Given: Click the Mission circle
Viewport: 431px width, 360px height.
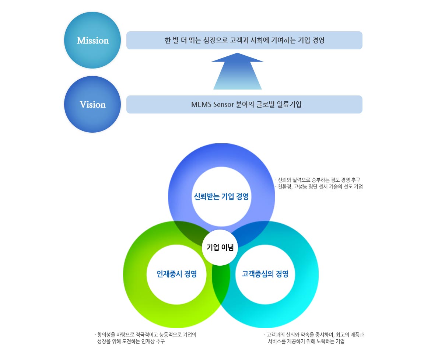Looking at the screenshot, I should click(x=92, y=40).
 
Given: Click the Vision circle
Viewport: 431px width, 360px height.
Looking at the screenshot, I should click(x=92, y=104).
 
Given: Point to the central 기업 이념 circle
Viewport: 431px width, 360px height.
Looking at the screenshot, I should click(x=220, y=247).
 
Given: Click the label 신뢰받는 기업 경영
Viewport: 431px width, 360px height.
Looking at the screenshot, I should click(x=221, y=196).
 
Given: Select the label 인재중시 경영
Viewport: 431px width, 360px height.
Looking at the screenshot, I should click(x=176, y=274).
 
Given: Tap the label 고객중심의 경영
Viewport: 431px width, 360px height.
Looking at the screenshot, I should click(x=265, y=274).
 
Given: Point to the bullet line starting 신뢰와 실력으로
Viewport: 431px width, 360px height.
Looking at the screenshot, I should click(x=319, y=180).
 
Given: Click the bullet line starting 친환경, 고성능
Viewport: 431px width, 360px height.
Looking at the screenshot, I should click(x=320, y=187).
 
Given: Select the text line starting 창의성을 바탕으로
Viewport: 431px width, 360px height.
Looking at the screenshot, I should click(x=146, y=335).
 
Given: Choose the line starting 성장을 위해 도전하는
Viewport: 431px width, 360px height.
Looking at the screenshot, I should click(x=131, y=342).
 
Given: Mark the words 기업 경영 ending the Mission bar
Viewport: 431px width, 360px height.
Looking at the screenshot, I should click(x=310, y=40).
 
